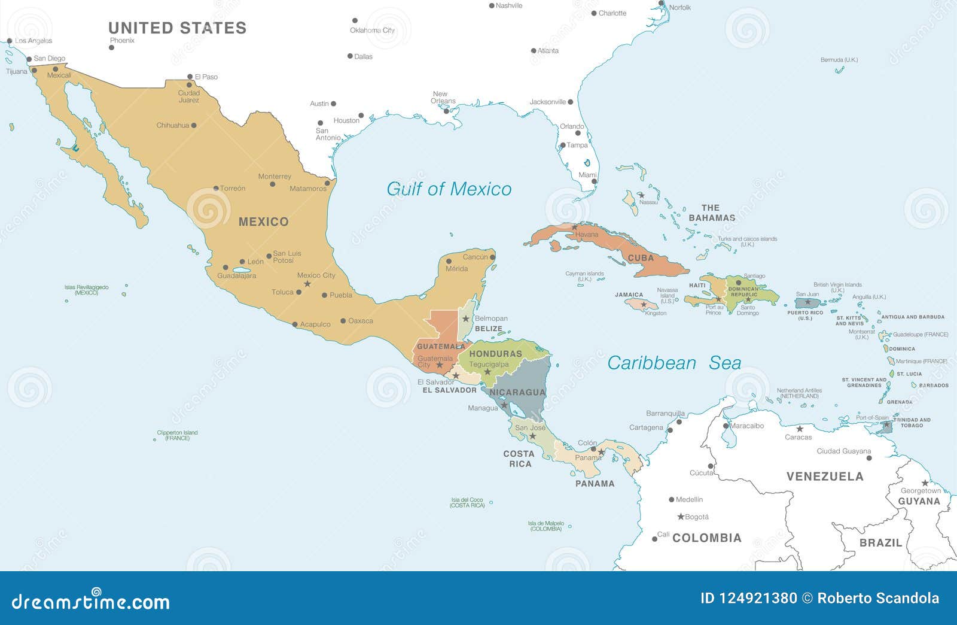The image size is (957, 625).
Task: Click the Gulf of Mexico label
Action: click(449, 189)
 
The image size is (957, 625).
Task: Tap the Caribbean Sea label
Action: click(674, 363)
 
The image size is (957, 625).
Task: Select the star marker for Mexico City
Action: click(307, 284)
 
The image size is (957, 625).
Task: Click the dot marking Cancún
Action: click(493, 257)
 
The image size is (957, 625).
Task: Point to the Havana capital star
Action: click(575, 227)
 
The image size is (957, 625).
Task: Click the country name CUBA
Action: click(641, 258)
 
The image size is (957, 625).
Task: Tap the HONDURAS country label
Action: click(495, 354)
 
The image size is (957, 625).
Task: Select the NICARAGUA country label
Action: click(517, 393)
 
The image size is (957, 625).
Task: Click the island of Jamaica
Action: click(641, 304)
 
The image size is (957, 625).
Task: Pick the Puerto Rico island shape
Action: click(807, 302)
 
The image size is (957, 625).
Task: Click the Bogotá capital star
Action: click(680, 517)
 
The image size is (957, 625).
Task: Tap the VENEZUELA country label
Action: click(825, 477)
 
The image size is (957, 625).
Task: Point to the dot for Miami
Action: click(594, 181)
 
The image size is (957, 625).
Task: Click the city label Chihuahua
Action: click(172, 126)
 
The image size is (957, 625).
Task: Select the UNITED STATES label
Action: click(177, 28)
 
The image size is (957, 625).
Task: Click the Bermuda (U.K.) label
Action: click(839, 60)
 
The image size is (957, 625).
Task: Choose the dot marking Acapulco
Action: click(295, 324)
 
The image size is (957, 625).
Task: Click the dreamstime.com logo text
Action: click(90, 601)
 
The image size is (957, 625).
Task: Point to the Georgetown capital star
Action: click(925, 483)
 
